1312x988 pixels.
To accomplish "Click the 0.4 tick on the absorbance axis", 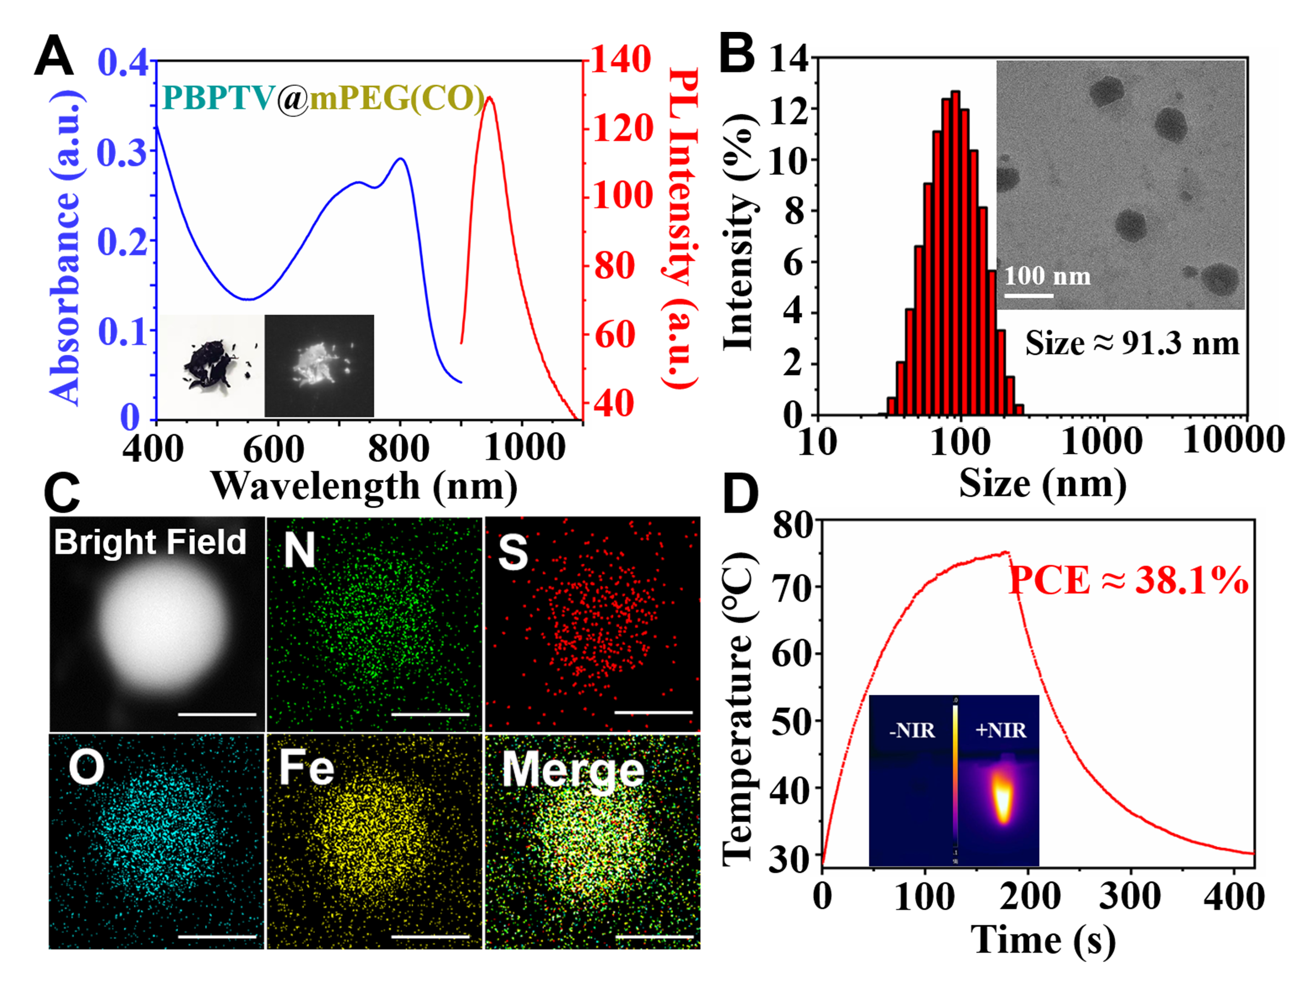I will (122, 62).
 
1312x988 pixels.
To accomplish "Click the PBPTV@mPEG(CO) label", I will (323, 98).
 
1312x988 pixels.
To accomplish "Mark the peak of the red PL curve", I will (489, 99).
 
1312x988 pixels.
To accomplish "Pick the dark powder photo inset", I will (212, 366).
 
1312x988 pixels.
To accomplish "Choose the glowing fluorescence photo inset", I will (319, 366).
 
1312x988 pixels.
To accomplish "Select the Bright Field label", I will (150, 542).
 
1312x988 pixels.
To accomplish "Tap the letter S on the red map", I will (513, 552).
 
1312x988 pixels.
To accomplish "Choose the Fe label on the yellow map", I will (307, 767).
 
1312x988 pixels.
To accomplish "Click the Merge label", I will (573, 770).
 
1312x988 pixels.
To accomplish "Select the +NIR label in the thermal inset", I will (1001, 730).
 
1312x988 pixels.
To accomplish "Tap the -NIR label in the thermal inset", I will (911, 730).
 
